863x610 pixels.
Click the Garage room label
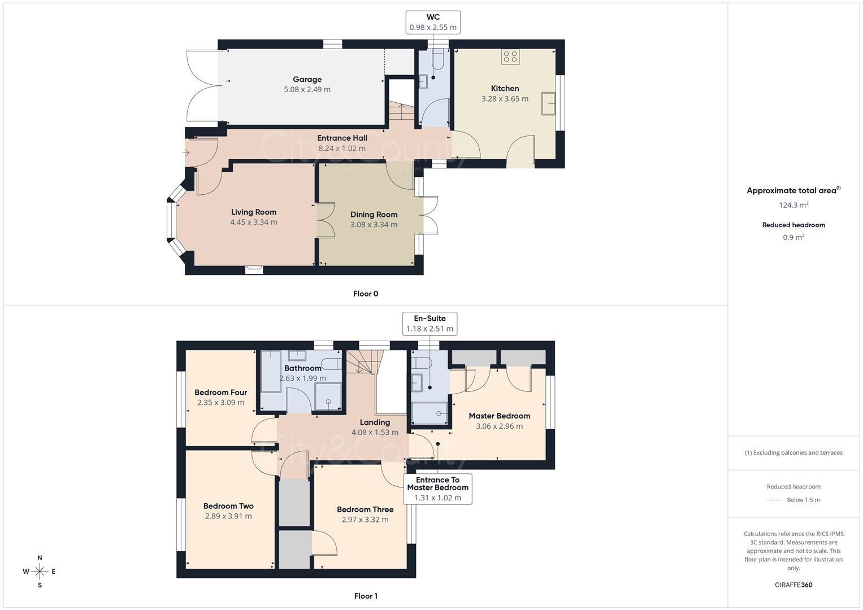click(307, 80)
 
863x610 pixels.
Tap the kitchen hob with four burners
click(510, 56)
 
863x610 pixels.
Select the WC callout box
click(433, 23)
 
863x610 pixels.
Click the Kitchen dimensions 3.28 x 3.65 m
click(505, 98)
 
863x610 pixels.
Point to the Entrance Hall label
click(342, 138)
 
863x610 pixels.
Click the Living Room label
click(254, 212)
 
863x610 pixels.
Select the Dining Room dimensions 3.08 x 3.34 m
click(374, 224)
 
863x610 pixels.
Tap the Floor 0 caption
click(366, 294)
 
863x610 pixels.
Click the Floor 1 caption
click(366, 596)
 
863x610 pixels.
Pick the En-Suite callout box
click(430, 324)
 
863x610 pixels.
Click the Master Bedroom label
click(499, 416)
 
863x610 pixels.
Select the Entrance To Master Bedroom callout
click(437, 489)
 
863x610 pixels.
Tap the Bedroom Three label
click(365, 509)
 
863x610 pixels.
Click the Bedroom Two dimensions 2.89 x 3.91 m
click(228, 516)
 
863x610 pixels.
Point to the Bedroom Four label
click(220, 393)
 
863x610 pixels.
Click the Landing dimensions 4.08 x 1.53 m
click(375, 432)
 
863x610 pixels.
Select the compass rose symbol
click(40, 572)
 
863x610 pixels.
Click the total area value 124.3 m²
click(793, 205)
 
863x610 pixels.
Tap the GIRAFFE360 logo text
click(793, 585)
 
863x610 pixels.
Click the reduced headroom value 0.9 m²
click(793, 237)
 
